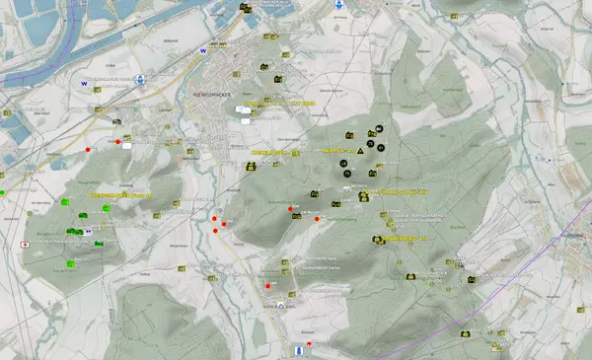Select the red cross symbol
coord(24,243)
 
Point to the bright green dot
coord(2,190)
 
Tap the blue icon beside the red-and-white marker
coord(298,350)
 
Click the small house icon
coord(280,306)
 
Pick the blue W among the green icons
coord(89,231)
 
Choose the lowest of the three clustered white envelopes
coord(247,122)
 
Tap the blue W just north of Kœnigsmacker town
coord(204,48)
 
